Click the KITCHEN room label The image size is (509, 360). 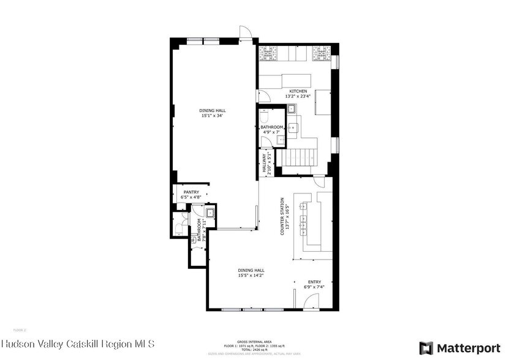point(298,91)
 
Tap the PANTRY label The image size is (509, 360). point(191,192)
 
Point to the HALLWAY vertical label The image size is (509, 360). point(265,164)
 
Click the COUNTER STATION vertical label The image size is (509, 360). point(282,216)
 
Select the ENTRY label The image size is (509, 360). point(314,282)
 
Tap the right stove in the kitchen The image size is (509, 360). point(321,54)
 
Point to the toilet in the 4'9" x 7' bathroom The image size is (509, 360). point(264,116)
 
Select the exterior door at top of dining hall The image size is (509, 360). point(245,32)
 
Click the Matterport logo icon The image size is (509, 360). point(426,347)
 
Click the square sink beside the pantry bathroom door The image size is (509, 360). point(210,214)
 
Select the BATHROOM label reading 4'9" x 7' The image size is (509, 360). point(271,127)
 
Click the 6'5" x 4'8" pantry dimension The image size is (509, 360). point(191,198)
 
